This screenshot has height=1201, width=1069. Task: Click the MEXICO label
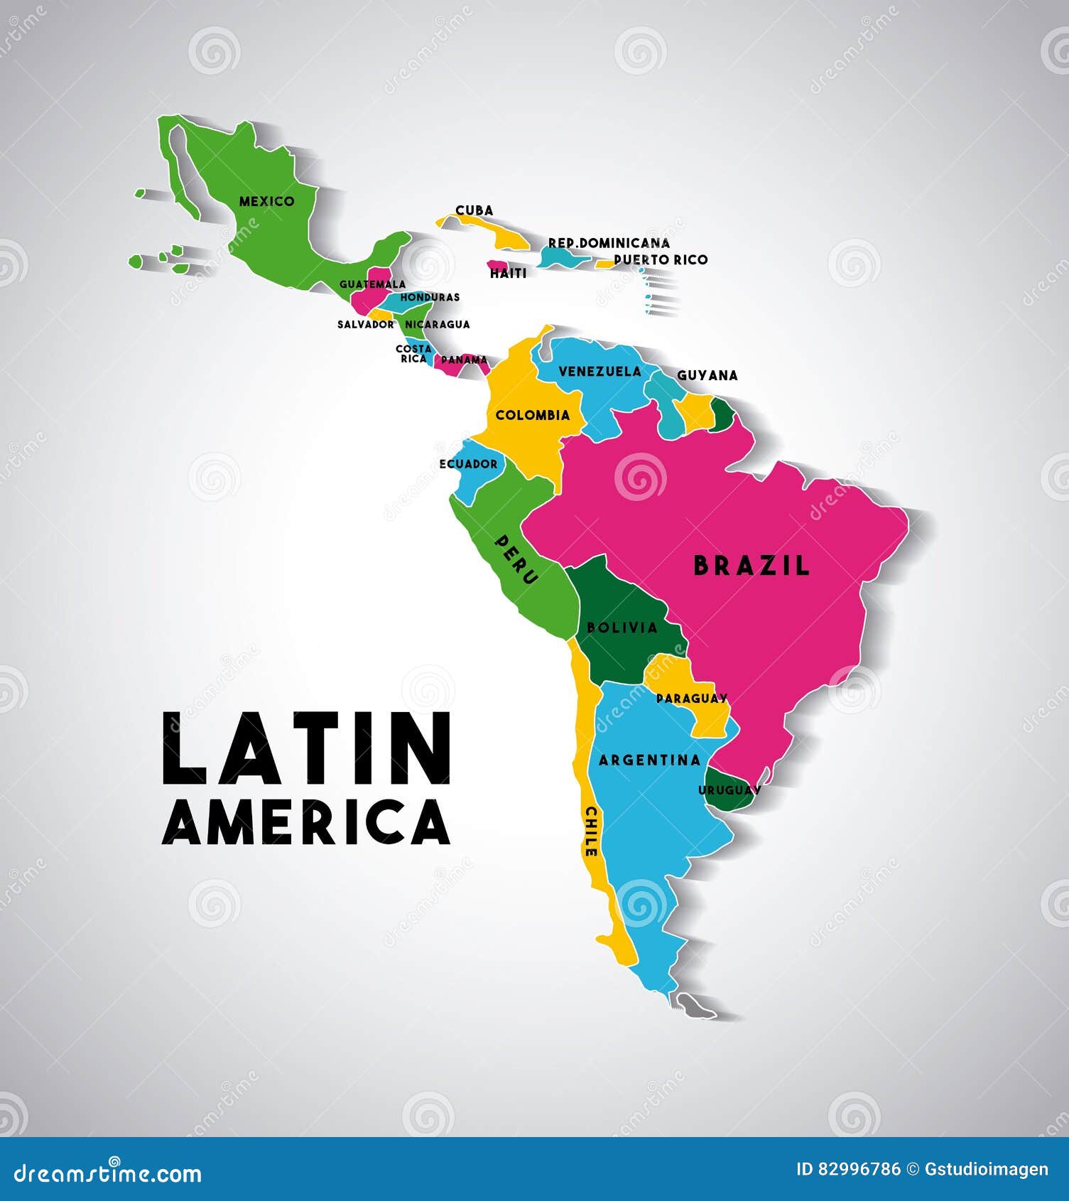(x=266, y=201)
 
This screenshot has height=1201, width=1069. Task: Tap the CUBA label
(x=474, y=210)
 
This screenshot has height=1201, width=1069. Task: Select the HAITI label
(x=508, y=273)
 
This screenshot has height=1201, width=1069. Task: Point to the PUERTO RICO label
(x=661, y=259)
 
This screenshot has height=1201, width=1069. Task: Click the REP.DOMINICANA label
(x=609, y=243)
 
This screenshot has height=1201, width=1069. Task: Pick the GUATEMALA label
(x=372, y=284)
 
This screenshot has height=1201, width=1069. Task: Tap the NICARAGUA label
(x=437, y=324)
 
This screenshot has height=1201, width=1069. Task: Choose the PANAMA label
(x=464, y=360)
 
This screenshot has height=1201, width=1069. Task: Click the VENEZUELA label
(x=599, y=371)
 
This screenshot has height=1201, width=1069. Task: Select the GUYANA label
(x=707, y=375)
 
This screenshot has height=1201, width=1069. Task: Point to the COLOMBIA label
(x=533, y=415)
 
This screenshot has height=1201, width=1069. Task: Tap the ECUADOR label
(x=468, y=464)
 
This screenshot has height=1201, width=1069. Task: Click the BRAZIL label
(x=751, y=566)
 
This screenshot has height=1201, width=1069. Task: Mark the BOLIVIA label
(x=622, y=628)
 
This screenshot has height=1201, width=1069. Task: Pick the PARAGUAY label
(x=691, y=699)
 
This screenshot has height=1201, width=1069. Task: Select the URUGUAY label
(x=729, y=790)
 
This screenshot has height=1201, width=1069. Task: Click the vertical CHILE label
(x=590, y=831)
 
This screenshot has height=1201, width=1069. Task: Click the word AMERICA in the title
(x=306, y=822)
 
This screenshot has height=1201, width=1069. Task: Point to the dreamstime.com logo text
(x=108, y=1173)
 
